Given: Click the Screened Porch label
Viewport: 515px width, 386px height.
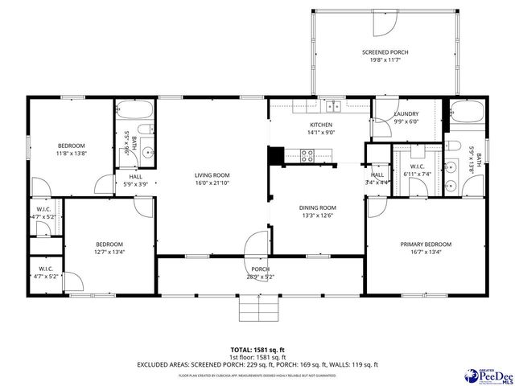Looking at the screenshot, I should [385, 52].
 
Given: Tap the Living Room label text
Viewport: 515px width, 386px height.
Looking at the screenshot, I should [212, 175].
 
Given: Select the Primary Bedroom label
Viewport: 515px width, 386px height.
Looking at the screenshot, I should [426, 244].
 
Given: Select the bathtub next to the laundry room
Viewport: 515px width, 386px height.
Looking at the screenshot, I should [466, 113].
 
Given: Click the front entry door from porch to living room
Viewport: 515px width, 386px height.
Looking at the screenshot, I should [257, 244].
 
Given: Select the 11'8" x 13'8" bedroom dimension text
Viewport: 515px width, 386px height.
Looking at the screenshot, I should [71, 153].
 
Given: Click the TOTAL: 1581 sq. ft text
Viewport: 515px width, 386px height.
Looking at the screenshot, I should [257, 350].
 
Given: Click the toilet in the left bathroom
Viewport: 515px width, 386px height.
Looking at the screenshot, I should [143, 131].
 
